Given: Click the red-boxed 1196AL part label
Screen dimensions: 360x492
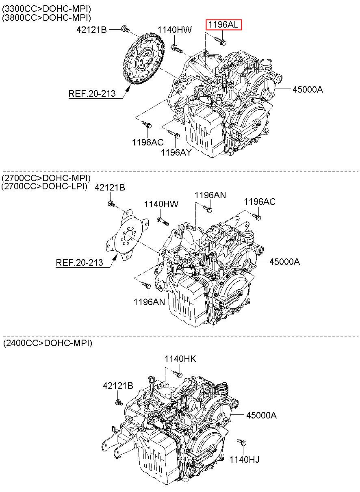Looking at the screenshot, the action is [223, 25].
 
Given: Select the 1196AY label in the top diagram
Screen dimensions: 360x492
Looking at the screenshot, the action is [176, 152].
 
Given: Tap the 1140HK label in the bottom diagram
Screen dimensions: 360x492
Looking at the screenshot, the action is [180, 359].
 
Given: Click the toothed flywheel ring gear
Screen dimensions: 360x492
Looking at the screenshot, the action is [143, 59].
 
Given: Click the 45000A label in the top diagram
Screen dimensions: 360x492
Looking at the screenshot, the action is [308, 89].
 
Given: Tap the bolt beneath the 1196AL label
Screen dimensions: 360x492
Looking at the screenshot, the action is [220, 41].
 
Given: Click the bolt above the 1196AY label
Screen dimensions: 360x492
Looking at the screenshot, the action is [174, 134].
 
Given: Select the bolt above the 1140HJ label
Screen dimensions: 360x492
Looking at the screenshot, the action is [242, 442].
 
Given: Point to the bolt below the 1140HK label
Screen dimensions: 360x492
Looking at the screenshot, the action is [178, 374].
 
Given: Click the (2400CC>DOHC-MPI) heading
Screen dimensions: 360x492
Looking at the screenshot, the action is [48, 343].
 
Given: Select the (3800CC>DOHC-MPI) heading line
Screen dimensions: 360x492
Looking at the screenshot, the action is [46, 17].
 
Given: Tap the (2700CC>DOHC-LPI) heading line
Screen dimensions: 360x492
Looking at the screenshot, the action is [44, 186].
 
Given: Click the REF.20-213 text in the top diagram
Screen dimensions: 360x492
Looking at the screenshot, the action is [92, 93].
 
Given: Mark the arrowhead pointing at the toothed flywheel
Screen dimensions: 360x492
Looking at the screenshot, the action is [128, 89].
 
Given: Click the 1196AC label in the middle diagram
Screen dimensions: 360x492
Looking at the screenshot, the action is [260, 202].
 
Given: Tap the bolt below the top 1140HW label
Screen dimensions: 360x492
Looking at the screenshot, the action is [176, 49].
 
